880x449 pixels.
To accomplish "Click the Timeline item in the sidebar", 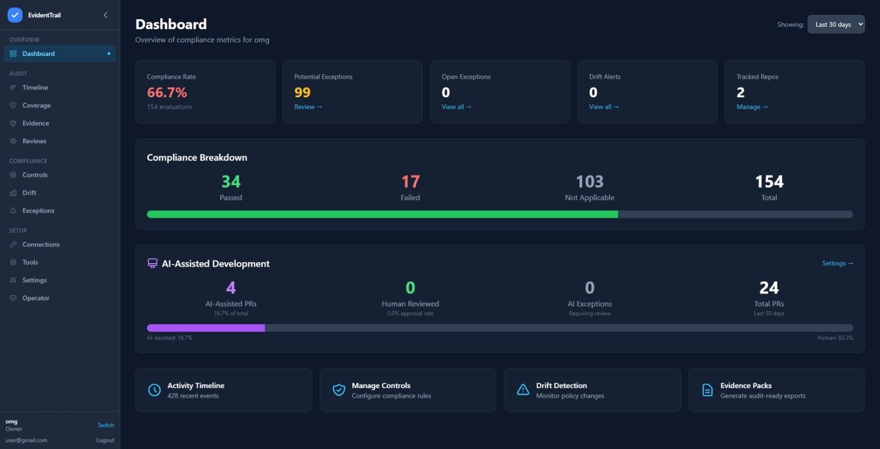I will tap(35, 88).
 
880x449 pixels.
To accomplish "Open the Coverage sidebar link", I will tap(36, 105).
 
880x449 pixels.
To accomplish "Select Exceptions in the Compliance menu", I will tap(38, 211).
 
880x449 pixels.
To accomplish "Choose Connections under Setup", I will tap(40, 244).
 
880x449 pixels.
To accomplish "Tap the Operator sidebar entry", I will tap(36, 298).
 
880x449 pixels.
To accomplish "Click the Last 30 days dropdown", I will tap(836, 24).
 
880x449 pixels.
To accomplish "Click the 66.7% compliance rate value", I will tap(167, 93).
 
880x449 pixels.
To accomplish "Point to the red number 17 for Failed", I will tap(410, 181).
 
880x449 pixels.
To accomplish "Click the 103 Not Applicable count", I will tap(589, 181).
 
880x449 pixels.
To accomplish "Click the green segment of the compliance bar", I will tap(382, 214).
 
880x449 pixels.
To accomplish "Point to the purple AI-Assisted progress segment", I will tap(206, 328).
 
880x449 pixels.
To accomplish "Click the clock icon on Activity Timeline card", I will tap(154, 390).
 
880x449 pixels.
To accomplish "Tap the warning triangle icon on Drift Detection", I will tap(523, 390).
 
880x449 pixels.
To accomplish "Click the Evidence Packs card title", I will tap(746, 386).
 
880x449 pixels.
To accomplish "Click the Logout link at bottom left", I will tap(105, 440).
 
